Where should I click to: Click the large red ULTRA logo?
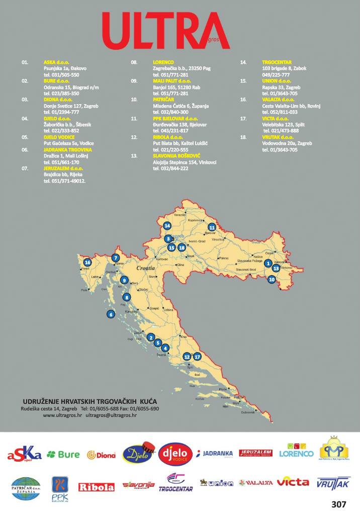165,31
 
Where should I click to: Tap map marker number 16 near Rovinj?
88,262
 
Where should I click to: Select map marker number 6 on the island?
111,314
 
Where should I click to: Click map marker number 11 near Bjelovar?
212,227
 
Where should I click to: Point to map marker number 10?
272,279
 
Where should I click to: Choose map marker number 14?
167,226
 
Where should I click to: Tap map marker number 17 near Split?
197,356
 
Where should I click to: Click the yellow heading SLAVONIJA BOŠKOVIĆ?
176,156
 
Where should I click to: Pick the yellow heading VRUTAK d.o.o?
278,137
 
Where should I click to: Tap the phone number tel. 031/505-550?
61,74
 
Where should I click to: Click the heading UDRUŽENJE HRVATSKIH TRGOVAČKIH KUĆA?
90,401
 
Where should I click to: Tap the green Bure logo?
63,455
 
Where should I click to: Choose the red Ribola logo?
97,487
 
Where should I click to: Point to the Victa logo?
293,482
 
